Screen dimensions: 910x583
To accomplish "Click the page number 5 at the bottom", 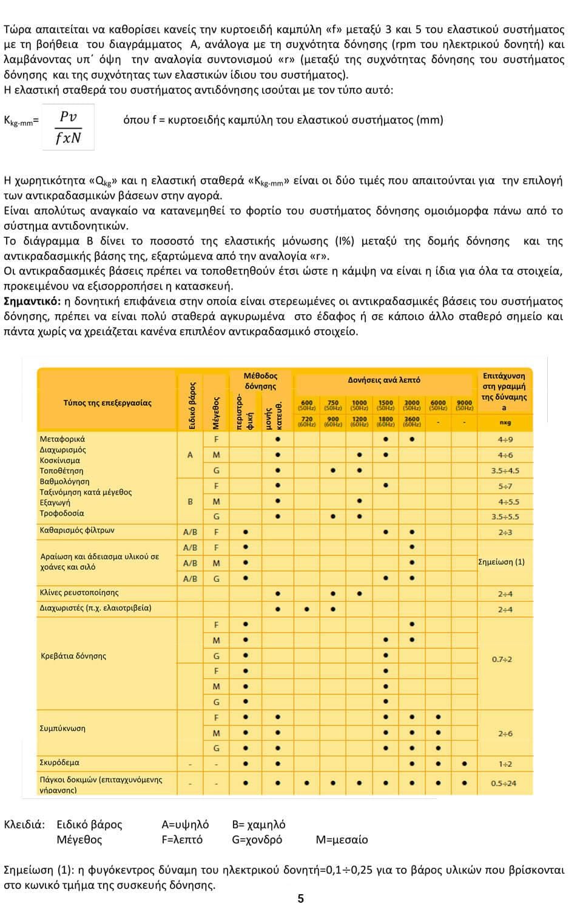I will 300,898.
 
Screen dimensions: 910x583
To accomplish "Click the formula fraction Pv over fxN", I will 69,127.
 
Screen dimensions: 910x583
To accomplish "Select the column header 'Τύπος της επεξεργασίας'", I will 107,403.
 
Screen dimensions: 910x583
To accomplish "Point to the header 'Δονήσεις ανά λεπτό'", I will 383,380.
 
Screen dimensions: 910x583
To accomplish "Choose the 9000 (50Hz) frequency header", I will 464,405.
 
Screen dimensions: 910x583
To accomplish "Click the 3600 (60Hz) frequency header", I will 412,422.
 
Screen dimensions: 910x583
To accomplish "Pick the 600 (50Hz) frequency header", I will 307,405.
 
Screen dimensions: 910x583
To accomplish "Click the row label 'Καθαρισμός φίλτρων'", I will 77,530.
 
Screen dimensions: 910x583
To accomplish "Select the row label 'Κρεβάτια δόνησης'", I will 73,656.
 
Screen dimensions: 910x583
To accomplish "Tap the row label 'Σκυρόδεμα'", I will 59,763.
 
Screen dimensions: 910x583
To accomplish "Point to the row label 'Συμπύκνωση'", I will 62,728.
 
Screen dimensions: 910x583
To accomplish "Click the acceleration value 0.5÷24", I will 504,783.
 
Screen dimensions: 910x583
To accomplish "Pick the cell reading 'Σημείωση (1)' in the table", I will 502,562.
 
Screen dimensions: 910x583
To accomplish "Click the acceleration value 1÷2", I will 505,764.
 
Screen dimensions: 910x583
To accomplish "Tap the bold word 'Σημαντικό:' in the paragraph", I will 32,302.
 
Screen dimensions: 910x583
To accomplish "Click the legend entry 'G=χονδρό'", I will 257,840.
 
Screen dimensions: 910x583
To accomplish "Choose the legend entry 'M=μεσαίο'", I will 342,840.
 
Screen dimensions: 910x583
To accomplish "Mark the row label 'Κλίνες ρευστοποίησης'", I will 79,592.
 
